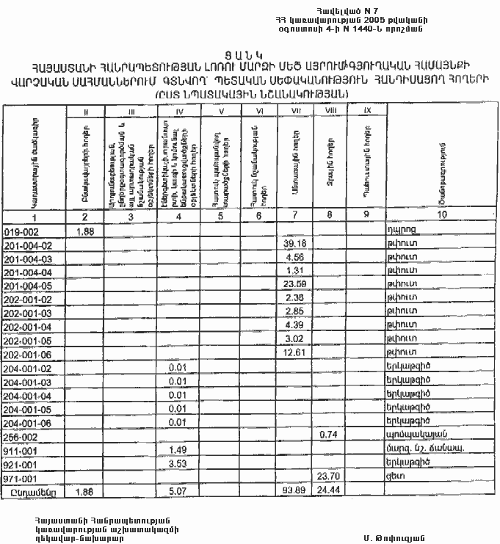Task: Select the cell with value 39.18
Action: [293, 244]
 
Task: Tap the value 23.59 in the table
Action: [293, 285]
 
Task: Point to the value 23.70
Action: [326, 476]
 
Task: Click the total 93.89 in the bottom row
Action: [293, 490]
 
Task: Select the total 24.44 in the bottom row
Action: [326, 490]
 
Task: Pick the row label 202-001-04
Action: [29, 326]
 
